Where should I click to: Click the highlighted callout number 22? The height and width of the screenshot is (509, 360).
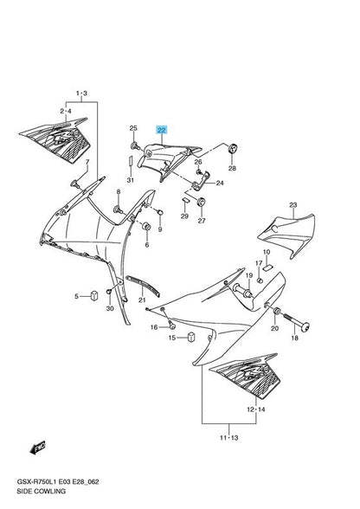pos(161,131)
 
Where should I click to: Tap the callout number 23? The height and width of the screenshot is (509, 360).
pos(293,205)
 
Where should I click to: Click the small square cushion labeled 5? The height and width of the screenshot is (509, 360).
pos(94,296)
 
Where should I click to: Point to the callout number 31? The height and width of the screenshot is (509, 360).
pos(130,180)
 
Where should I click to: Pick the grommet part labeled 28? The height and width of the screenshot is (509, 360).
pos(234,149)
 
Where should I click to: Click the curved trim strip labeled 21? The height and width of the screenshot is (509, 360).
pos(143,285)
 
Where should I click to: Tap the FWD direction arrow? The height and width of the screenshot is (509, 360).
pos(37,448)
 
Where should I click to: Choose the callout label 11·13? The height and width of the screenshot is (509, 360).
pos(228,438)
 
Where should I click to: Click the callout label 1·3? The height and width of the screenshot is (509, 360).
pos(81,93)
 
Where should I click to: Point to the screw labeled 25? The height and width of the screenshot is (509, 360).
pos(135,145)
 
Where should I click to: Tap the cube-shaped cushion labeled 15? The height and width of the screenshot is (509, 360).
pos(191,338)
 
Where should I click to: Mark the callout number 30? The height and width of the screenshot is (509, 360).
pos(110,308)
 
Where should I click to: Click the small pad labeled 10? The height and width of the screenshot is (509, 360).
pos(267,267)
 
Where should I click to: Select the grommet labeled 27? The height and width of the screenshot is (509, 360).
pos(202,202)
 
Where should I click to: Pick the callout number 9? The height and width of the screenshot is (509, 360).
pos(160,229)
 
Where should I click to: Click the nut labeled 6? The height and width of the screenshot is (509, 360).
pos(146,226)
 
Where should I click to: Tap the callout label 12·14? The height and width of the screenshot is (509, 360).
pos(256,409)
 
